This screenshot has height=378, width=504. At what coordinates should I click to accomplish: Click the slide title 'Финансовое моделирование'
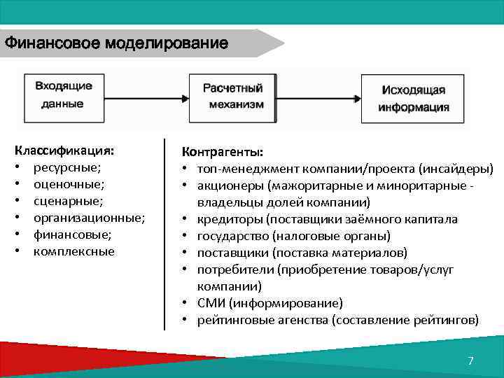pyautogui.click(x=116, y=43)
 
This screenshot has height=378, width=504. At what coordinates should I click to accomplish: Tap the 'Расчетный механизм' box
pyautogui.click(x=233, y=97)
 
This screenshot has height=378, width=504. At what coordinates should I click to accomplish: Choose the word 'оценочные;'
pyautogui.click(x=69, y=184)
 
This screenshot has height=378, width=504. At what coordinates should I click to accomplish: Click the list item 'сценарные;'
pyautogui.click(x=68, y=201)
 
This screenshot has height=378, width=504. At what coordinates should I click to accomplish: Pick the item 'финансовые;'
pyautogui.click(x=72, y=234)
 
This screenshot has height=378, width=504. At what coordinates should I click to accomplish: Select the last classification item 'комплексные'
pyautogui.click(x=74, y=251)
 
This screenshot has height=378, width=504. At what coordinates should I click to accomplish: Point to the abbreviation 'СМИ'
pyautogui.click(x=211, y=303)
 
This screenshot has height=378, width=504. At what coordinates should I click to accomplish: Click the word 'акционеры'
pyautogui.click(x=225, y=185)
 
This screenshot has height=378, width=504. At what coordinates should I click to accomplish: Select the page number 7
pyautogui.click(x=470, y=361)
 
